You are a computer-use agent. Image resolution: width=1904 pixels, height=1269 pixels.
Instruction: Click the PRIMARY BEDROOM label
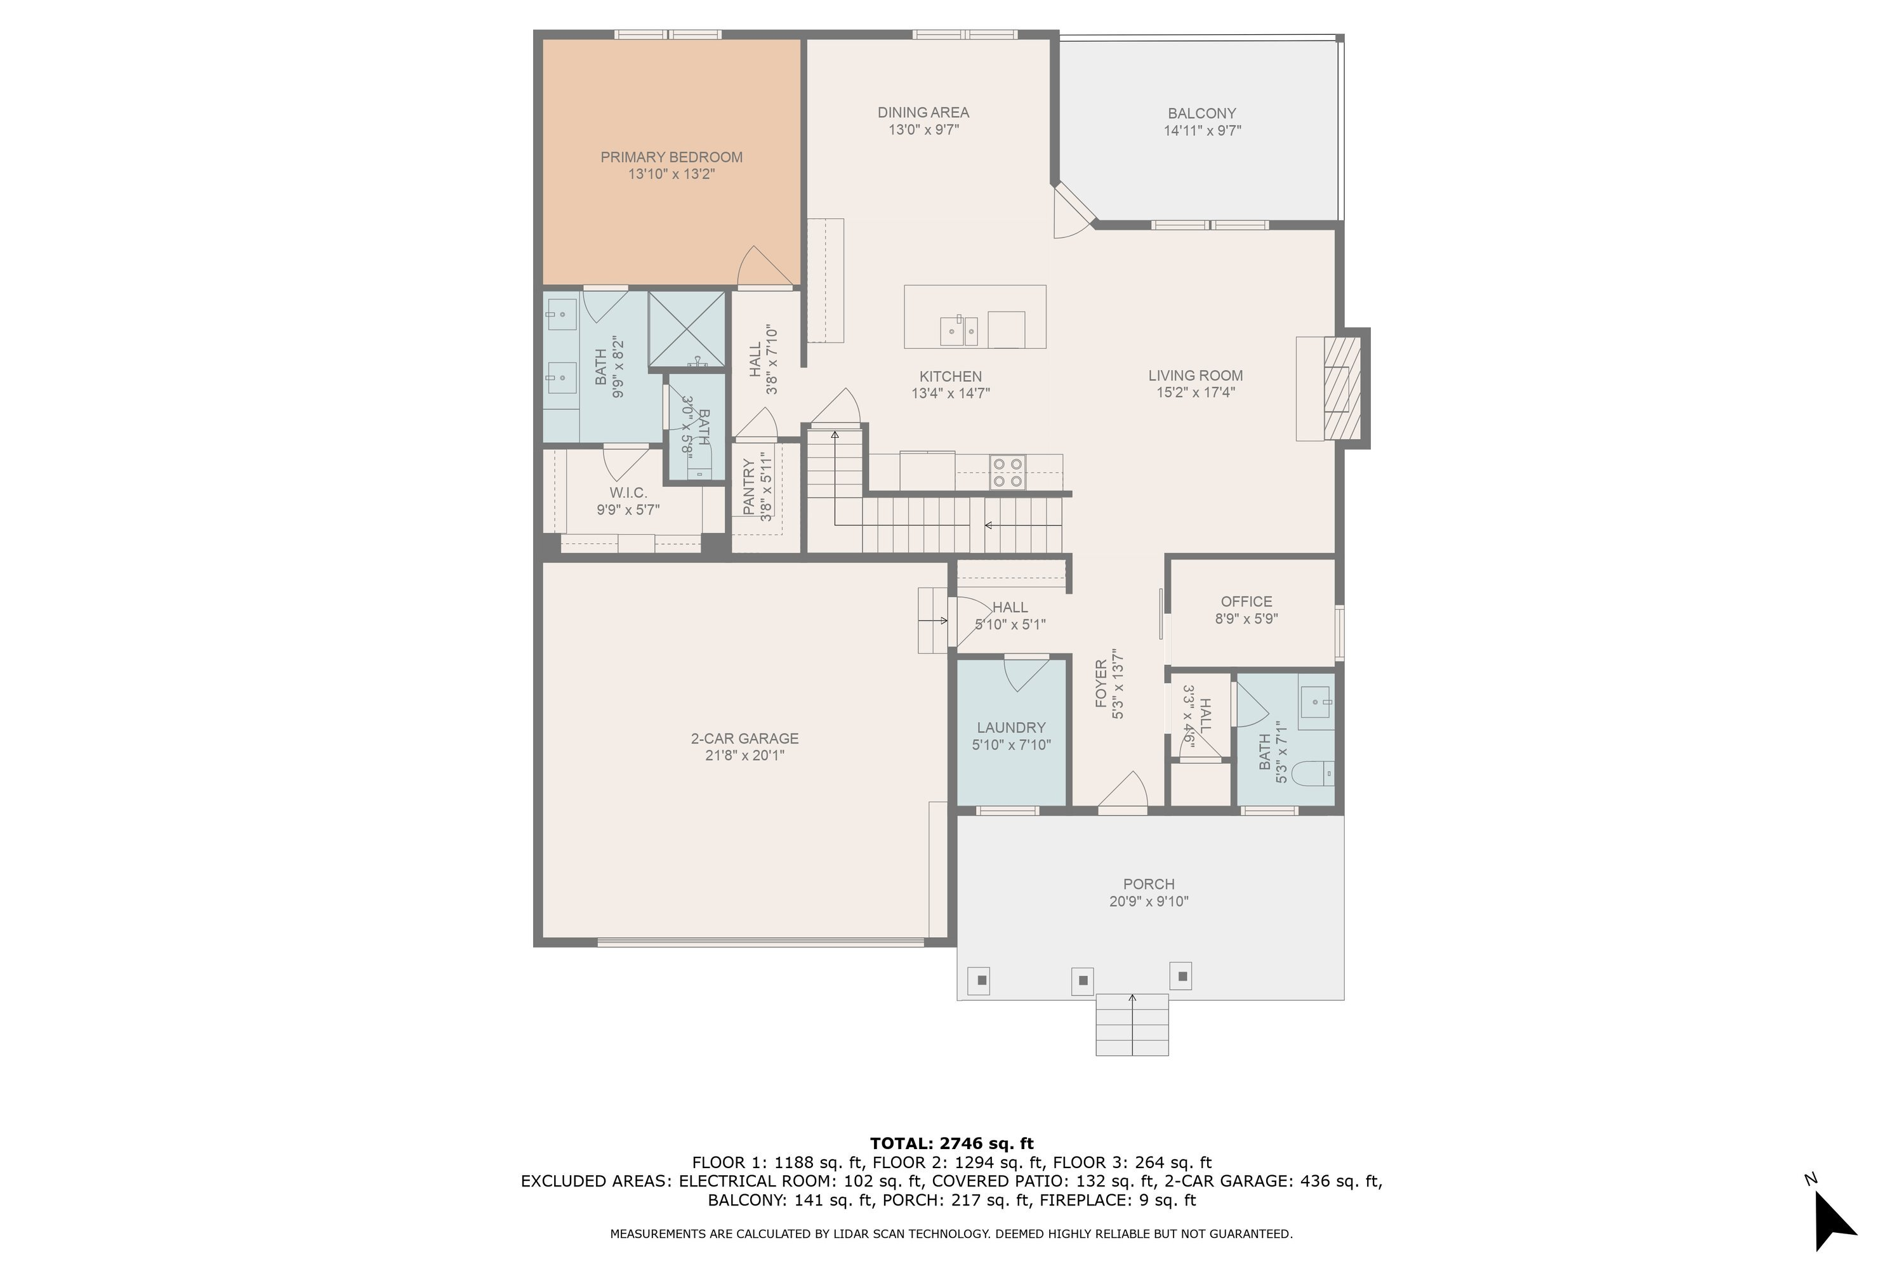671,157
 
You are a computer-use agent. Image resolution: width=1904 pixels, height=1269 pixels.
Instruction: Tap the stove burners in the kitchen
1007,473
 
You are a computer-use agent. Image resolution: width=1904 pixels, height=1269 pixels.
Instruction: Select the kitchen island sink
958,330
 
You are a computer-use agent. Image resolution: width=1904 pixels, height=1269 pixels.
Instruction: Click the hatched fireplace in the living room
1342,388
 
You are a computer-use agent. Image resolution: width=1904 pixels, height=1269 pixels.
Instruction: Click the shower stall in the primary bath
687,329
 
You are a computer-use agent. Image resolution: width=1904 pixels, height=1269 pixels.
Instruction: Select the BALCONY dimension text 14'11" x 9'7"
1202,130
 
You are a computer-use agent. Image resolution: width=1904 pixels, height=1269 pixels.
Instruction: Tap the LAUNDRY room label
1011,728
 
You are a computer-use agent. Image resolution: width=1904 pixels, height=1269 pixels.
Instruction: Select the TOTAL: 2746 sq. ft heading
951,1143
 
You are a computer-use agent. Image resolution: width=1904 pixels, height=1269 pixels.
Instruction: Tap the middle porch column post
1082,981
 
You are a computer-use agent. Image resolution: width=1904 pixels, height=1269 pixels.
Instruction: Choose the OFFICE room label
1246,602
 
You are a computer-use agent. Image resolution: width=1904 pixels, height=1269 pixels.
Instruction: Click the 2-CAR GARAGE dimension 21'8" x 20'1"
744,756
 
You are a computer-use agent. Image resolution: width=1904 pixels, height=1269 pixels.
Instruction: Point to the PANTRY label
749,487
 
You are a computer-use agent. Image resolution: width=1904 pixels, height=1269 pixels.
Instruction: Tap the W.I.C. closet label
628,493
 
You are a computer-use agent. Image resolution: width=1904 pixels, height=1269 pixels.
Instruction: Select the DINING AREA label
923,112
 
